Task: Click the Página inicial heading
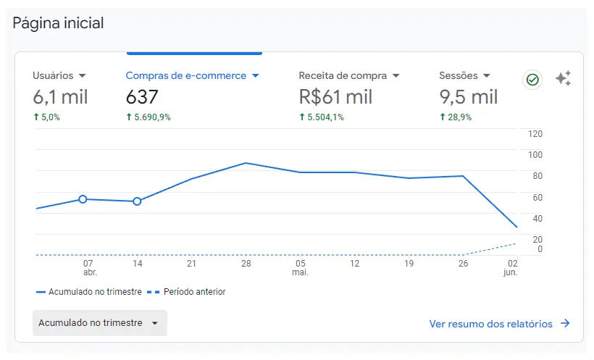pos(58,23)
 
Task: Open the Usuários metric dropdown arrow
pos(82,76)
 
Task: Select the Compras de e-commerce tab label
pos(186,75)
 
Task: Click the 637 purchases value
pos(142,97)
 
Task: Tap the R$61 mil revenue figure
pos(335,97)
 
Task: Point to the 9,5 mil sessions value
pos(468,97)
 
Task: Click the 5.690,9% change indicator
pos(148,117)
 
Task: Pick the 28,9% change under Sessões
pos(456,117)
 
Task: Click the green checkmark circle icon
pos(532,80)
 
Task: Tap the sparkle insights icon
pos(564,78)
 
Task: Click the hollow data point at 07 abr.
pos(83,199)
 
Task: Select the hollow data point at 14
pos(137,201)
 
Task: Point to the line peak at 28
pos(246,163)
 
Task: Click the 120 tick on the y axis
pos(535,134)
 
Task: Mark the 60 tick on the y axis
pos(537,198)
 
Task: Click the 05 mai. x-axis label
pos(301,267)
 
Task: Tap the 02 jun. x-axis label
pos(511,267)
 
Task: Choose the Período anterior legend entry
pos(186,292)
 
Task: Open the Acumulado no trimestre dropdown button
pos(100,323)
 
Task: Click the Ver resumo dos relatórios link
pos(499,324)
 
